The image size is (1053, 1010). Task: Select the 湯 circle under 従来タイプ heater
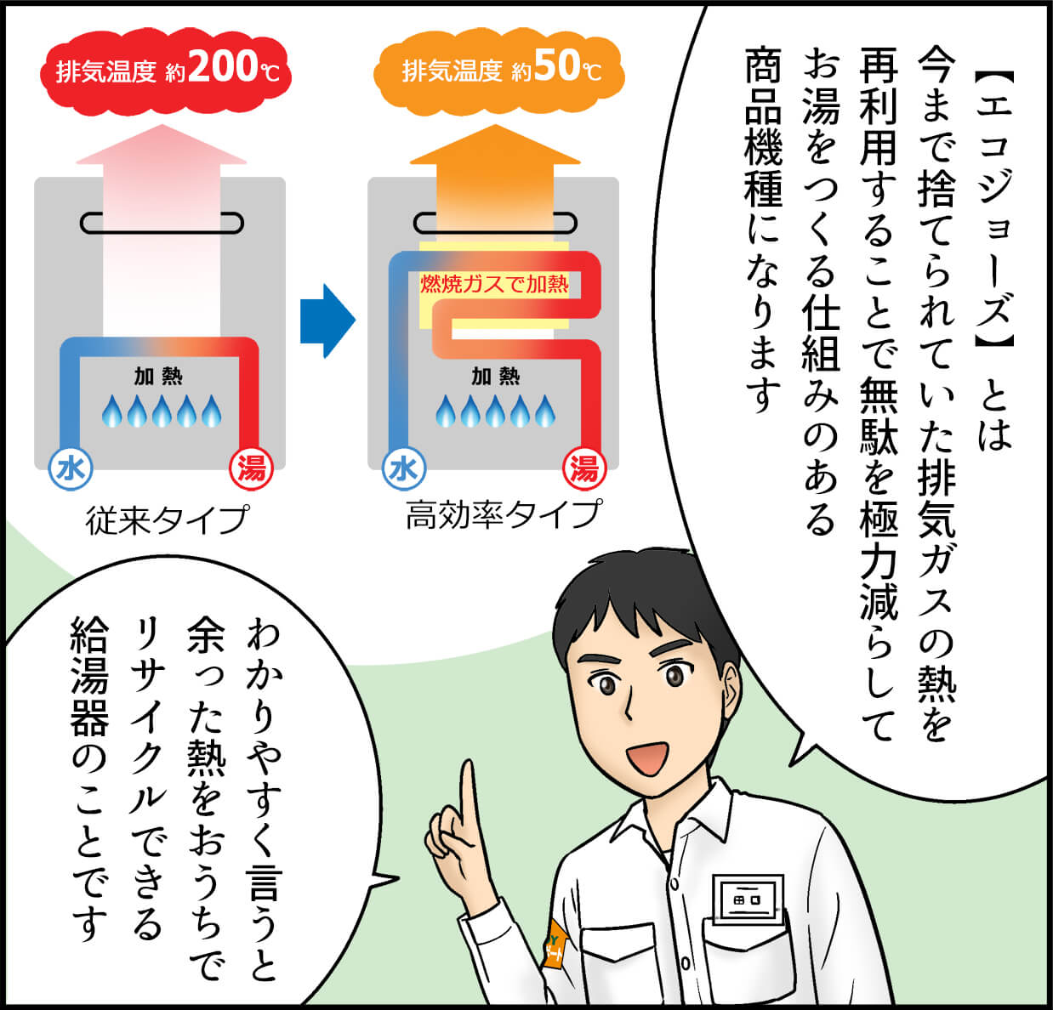[251, 468]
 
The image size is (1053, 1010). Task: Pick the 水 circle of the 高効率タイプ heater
[404, 468]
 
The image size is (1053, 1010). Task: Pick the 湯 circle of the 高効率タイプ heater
[584, 468]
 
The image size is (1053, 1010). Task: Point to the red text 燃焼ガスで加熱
[494, 284]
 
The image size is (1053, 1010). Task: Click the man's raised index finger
[467, 791]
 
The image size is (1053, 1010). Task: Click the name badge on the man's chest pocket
[748, 898]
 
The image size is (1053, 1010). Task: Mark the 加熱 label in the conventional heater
[158, 376]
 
